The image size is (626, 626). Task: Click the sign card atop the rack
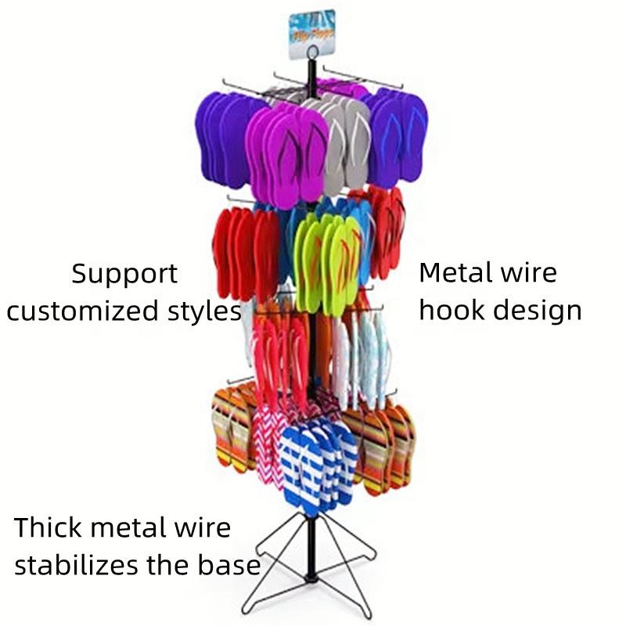tap(311, 34)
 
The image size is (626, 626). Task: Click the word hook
tap(451, 309)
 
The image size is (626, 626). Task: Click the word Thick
tap(49, 527)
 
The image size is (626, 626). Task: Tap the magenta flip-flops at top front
tap(286, 156)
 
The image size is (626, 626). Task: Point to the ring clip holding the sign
tap(312, 55)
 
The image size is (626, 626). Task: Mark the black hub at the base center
tap(312, 580)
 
